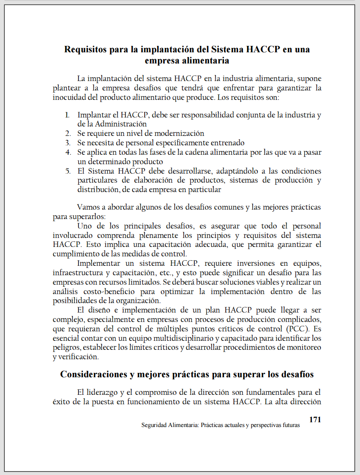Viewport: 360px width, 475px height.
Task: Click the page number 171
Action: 315,420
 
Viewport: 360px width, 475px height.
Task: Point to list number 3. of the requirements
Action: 68,142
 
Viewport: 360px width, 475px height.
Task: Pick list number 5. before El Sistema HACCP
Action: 68,171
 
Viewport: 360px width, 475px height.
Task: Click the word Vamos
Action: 87,207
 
